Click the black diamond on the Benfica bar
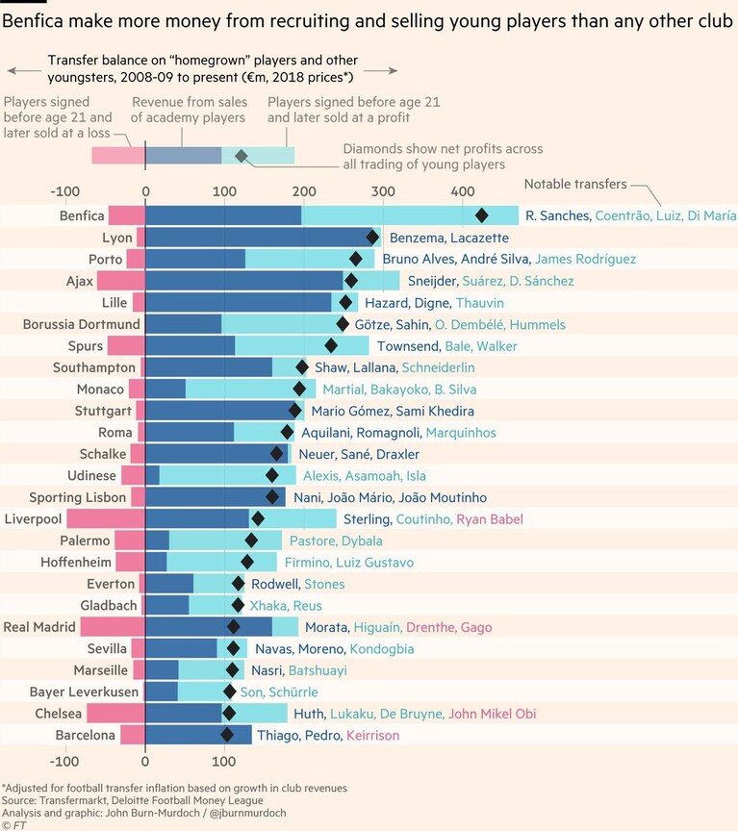pos(481,215)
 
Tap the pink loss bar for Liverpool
pos(106,518)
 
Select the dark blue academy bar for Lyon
pos(260,238)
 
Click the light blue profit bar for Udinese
pos(227,475)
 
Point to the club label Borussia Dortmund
pos(82,324)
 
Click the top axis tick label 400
pos(463,191)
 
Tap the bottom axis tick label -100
pos(64,762)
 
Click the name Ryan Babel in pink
pos(490,518)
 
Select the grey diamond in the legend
pos(242,156)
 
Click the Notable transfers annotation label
pos(575,184)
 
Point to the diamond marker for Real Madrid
pos(233,627)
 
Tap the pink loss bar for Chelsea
pos(116,714)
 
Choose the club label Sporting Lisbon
pos(77,497)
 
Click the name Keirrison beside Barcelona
pos(372,735)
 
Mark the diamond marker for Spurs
pos(331,345)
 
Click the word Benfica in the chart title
pos(33,21)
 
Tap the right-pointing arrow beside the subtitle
pos(381,70)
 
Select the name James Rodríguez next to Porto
pos(585,259)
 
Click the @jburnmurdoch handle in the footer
pos(248,813)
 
